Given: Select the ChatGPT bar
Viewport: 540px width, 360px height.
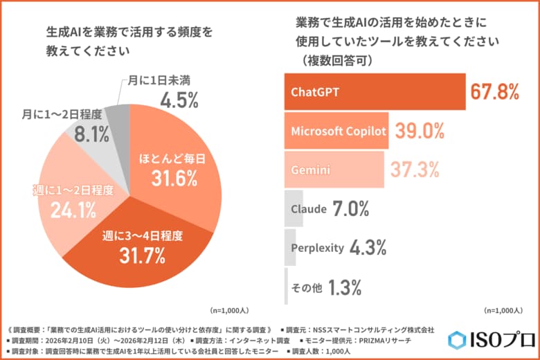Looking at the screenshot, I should click(x=374, y=91).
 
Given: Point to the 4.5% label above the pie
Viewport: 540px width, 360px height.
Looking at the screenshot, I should click(x=179, y=100).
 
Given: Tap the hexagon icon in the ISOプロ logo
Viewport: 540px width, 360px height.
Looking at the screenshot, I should click(x=458, y=340).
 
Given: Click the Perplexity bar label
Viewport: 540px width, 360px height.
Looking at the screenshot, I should click(x=317, y=247).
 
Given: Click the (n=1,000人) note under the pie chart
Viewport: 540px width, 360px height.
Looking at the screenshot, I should click(x=231, y=311).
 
